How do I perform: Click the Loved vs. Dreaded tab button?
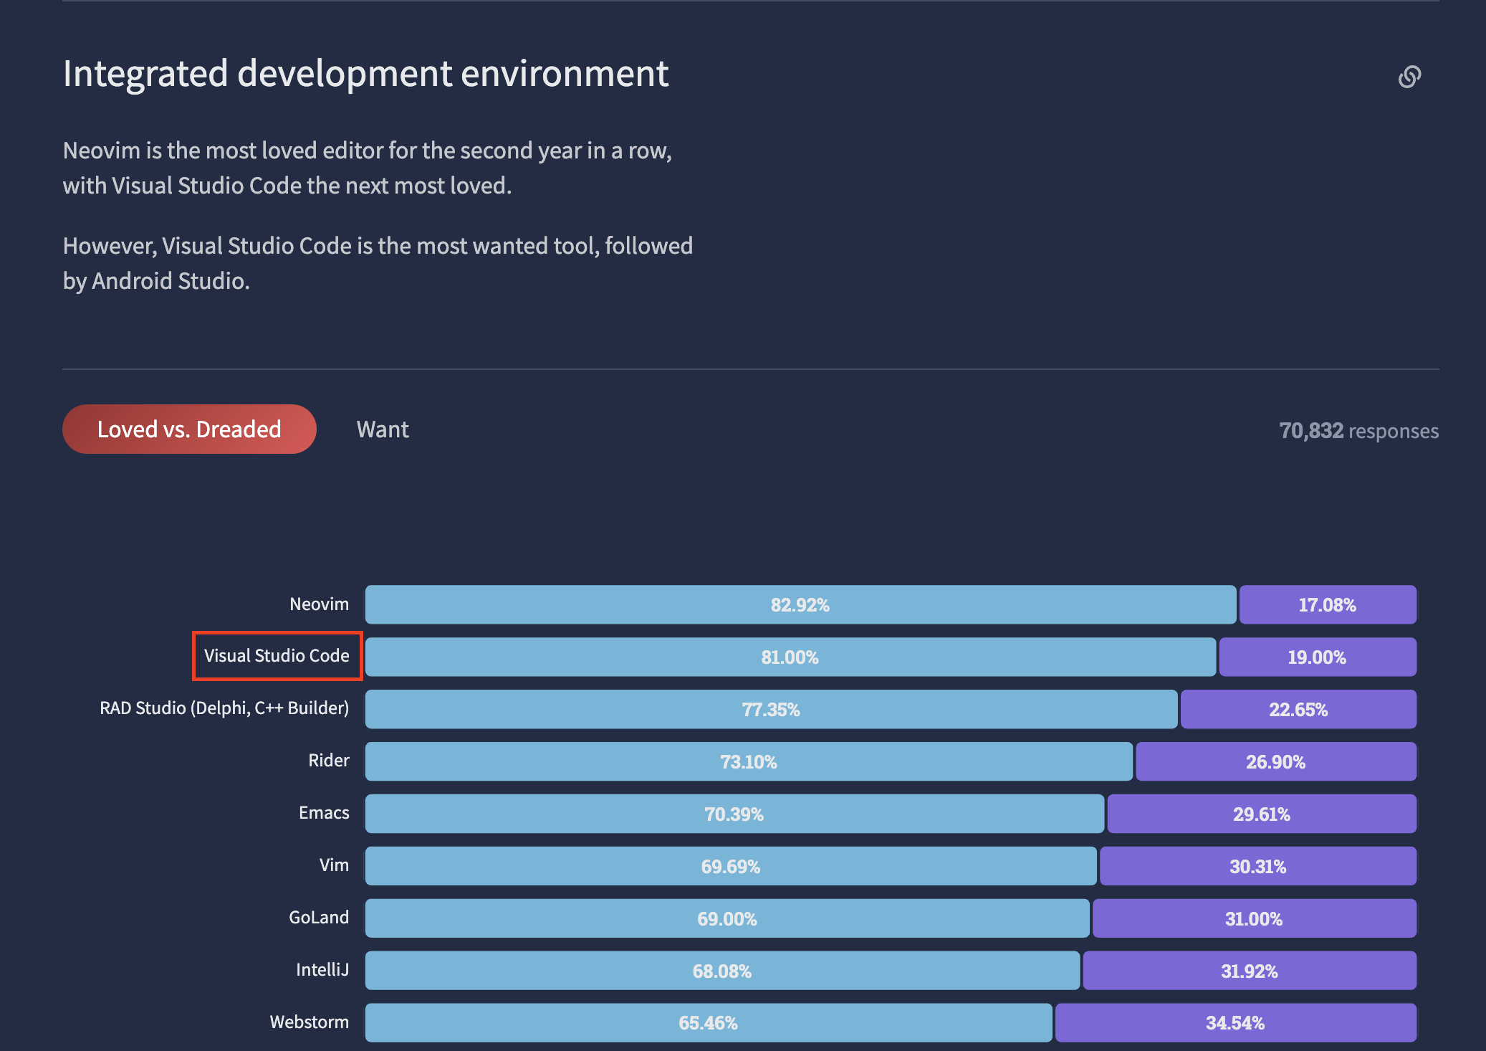point(189,429)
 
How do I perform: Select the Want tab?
point(383,429)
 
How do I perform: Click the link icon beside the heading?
point(1409,77)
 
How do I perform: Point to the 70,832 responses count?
point(1358,431)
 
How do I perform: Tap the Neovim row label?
point(319,604)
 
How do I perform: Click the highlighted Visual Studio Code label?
point(277,656)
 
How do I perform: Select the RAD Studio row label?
point(224,708)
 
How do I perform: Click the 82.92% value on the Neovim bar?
point(800,605)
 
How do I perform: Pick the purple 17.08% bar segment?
point(1327,605)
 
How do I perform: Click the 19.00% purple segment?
point(1317,657)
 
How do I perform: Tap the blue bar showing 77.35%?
point(770,710)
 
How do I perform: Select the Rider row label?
point(328,761)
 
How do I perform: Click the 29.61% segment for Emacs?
point(1261,814)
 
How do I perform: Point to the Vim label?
point(334,865)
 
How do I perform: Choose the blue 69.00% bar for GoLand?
point(727,919)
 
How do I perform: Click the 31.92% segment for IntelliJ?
point(1249,971)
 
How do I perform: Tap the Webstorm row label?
point(309,1022)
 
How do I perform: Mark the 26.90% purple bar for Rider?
point(1275,762)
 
